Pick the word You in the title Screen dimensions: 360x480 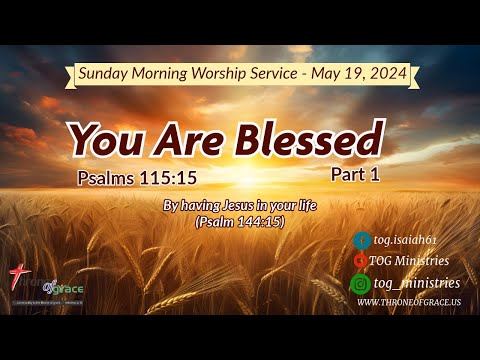108,141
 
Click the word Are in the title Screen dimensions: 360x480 182,141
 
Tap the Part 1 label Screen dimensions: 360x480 357,174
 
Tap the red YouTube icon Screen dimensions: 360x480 361,262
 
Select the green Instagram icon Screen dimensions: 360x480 361,283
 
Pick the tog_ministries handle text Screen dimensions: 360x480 419,283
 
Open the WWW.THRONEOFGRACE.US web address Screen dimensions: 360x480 408,302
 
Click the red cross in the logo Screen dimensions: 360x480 15,276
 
